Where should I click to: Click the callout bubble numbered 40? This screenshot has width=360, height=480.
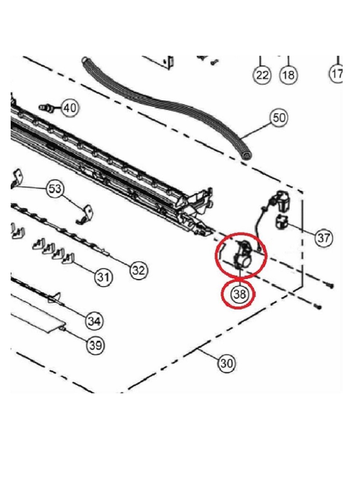click(70, 108)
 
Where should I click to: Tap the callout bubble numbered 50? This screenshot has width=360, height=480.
click(279, 118)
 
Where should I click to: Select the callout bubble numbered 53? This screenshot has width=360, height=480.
click(55, 188)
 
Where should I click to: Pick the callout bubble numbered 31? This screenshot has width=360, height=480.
click(103, 278)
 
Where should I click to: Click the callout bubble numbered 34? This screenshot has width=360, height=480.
click(94, 321)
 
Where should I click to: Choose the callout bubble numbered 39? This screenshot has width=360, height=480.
click(96, 345)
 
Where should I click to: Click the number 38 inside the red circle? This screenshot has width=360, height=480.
click(240, 294)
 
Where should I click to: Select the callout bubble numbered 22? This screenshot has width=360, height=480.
click(262, 75)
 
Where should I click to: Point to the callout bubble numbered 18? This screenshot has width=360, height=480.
click(288, 75)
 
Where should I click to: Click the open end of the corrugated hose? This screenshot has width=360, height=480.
click(246, 155)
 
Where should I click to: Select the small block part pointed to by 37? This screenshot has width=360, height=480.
click(282, 222)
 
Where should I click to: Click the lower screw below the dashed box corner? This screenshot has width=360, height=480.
click(319, 307)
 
